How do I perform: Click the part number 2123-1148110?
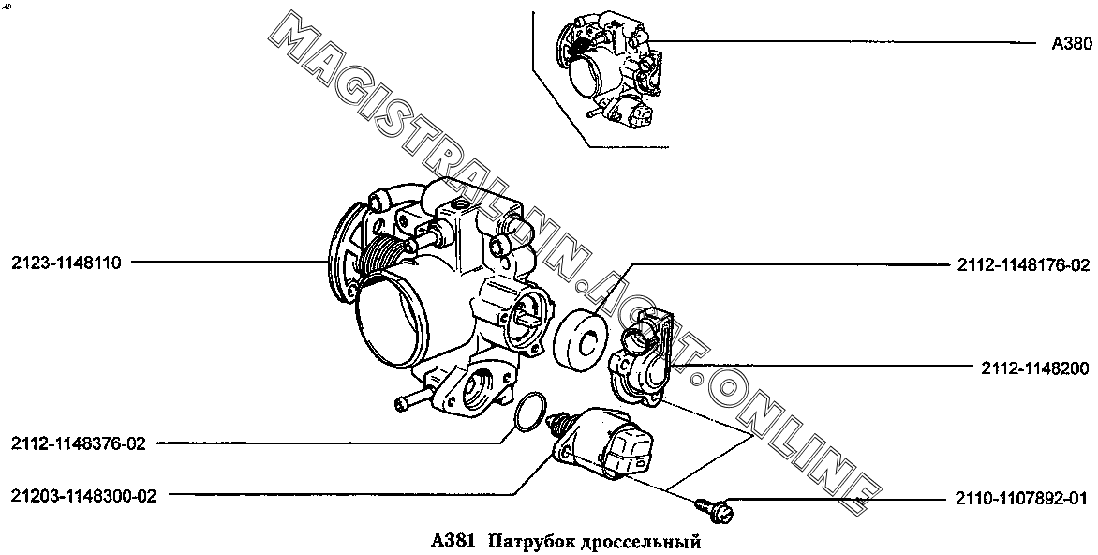(67, 263)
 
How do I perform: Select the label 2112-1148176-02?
(1023, 265)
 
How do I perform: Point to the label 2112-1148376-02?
(79, 443)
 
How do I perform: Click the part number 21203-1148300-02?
(83, 496)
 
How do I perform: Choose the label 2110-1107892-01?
(1021, 499)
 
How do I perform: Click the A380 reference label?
(1072, 43)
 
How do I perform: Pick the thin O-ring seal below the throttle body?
(528, 412)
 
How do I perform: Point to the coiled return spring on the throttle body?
(383, 256)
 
